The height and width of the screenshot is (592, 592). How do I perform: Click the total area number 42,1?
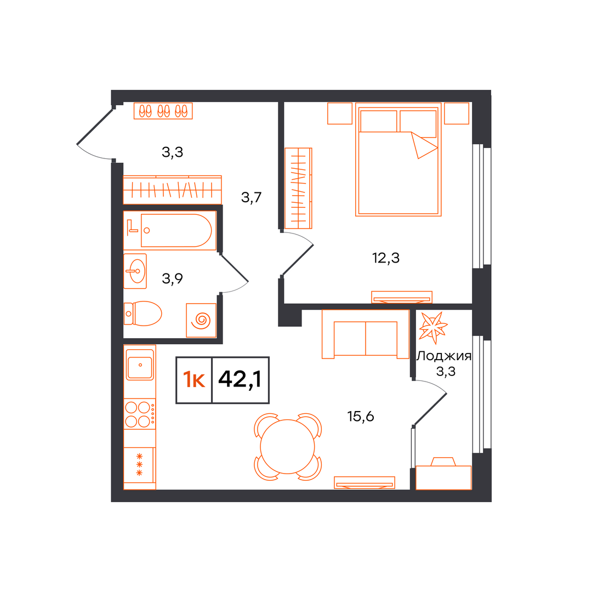(240, 379)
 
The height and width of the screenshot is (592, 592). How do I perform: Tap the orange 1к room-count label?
(193, 380)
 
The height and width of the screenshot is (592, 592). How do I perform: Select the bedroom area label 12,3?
(385, 258)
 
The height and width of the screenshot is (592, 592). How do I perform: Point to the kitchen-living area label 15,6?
(361, 417)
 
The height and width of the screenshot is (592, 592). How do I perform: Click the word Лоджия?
(444, 356)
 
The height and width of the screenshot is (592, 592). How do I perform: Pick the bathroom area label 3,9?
(172, 278)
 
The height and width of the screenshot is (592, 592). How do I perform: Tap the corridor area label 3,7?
(251, 197)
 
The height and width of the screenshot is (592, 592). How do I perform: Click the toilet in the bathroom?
(143, 314)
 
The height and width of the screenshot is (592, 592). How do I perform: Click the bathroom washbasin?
(135, 271)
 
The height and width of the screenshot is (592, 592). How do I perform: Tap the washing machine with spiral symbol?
(201, 320)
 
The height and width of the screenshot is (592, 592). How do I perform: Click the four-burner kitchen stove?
(140, 414)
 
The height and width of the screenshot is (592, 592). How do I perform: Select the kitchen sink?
(140, 365)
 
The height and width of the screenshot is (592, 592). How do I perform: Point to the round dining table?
(287, 447)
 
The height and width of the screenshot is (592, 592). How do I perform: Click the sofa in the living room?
(366, 334)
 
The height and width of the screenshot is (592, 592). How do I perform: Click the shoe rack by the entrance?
(163, 111)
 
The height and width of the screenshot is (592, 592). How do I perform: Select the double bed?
(399, 160)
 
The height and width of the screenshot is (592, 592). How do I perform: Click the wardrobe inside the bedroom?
(298, 188)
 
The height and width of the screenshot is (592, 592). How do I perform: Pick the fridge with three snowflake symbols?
(139, 465)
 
